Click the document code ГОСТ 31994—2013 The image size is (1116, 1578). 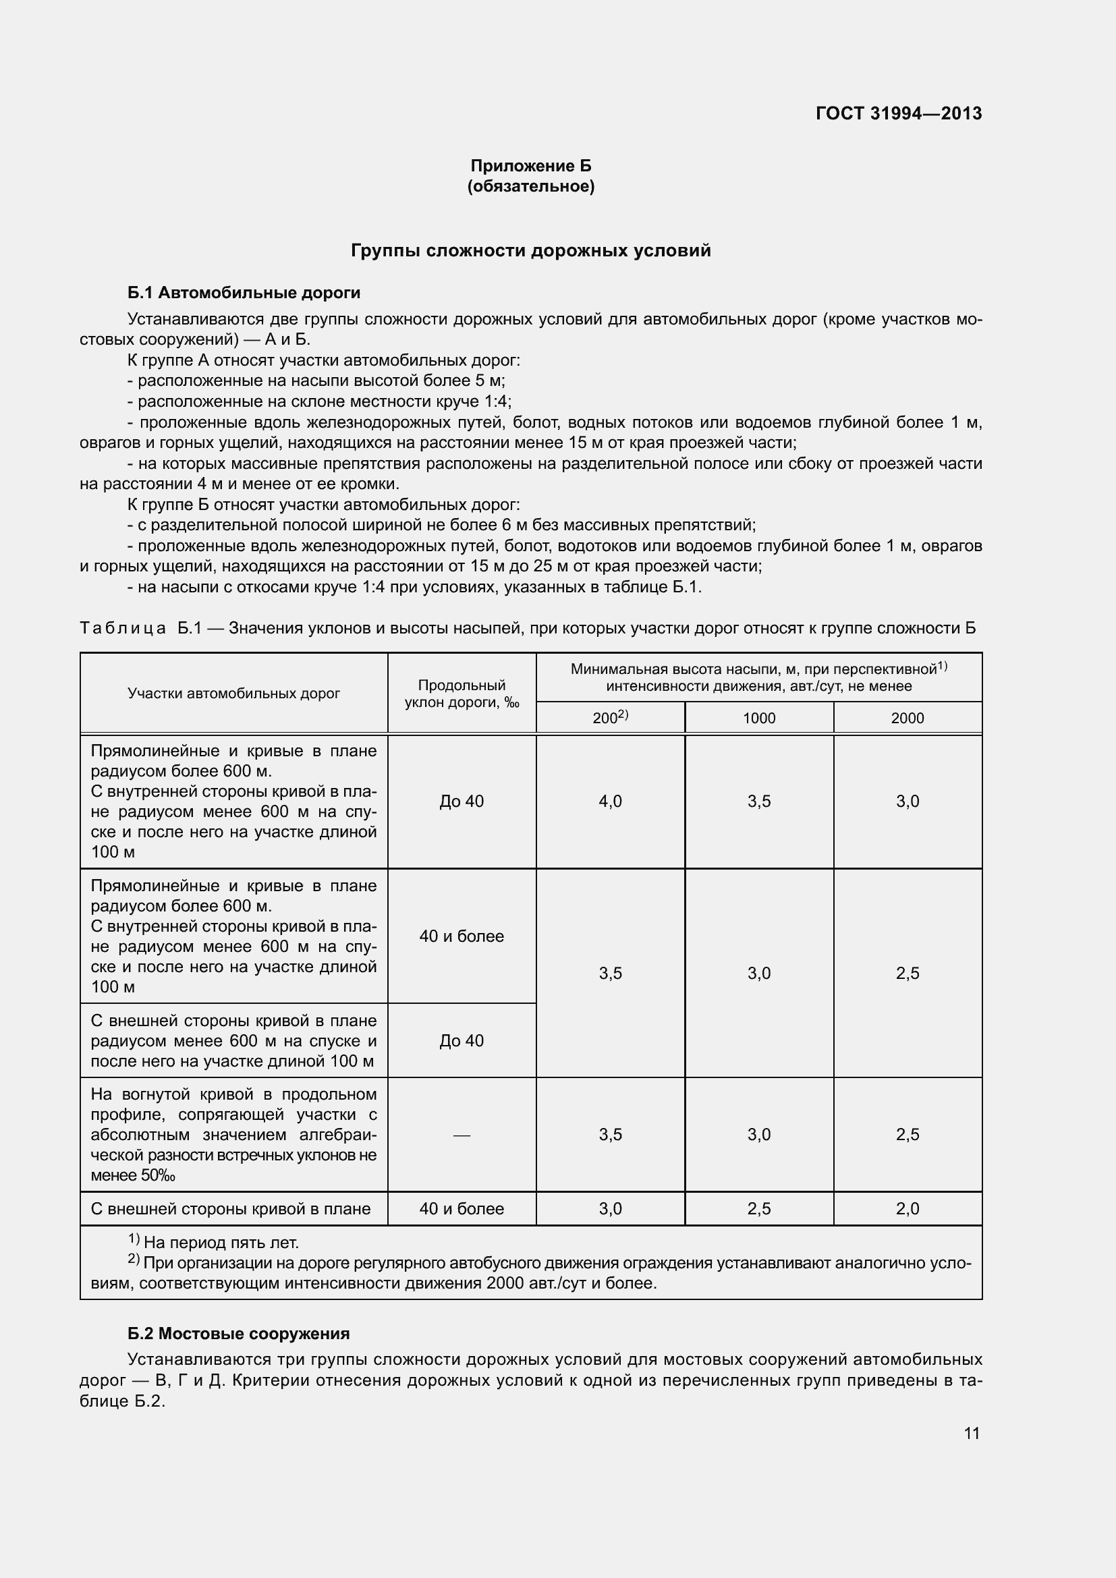(898, 113)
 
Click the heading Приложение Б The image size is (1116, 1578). (530, 166)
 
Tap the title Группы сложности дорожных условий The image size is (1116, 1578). (530, 251)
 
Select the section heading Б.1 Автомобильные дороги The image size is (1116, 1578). (244, 293)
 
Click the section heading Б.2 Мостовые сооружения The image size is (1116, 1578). (238, 1333)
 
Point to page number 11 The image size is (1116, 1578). (971, 1433)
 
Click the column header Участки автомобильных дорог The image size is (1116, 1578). (233, 694)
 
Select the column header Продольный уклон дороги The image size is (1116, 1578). (462, 694)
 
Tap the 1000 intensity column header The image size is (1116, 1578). (758, 718)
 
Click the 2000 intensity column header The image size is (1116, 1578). (907, 718)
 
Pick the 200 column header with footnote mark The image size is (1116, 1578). (610, 718)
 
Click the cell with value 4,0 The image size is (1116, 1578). (610, 801)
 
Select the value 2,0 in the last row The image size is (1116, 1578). (907, 1209)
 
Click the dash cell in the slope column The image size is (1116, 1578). (462, 1135)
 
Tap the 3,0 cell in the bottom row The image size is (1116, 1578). (610, 1209)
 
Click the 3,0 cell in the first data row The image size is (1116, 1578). (907, 801)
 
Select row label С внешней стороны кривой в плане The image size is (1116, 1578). (231, 1209)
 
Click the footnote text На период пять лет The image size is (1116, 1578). (220, 1243)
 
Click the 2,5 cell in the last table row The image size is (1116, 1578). (758, 1209)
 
